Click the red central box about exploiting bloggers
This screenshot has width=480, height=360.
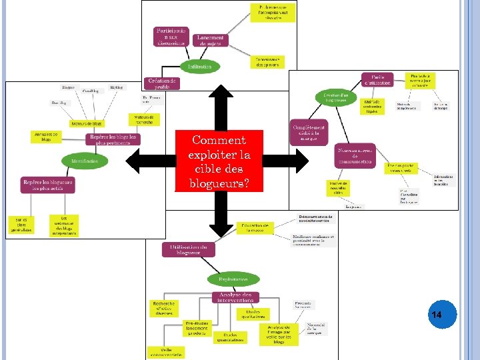coord(219,161)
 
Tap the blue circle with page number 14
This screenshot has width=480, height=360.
coord(437,314)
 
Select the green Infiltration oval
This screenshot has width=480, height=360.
coord(200,67)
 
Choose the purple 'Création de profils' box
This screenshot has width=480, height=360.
coord(162,83)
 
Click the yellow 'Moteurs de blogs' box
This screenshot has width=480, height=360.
coord(87,123)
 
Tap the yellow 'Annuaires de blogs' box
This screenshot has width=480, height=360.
coord(46,137)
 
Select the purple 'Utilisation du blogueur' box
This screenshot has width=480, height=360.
coord(188,249)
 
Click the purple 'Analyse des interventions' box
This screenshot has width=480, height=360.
coord(235,297)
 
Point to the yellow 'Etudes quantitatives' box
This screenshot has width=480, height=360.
coord(229,337)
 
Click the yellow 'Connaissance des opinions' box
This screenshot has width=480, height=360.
coord(268,61)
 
